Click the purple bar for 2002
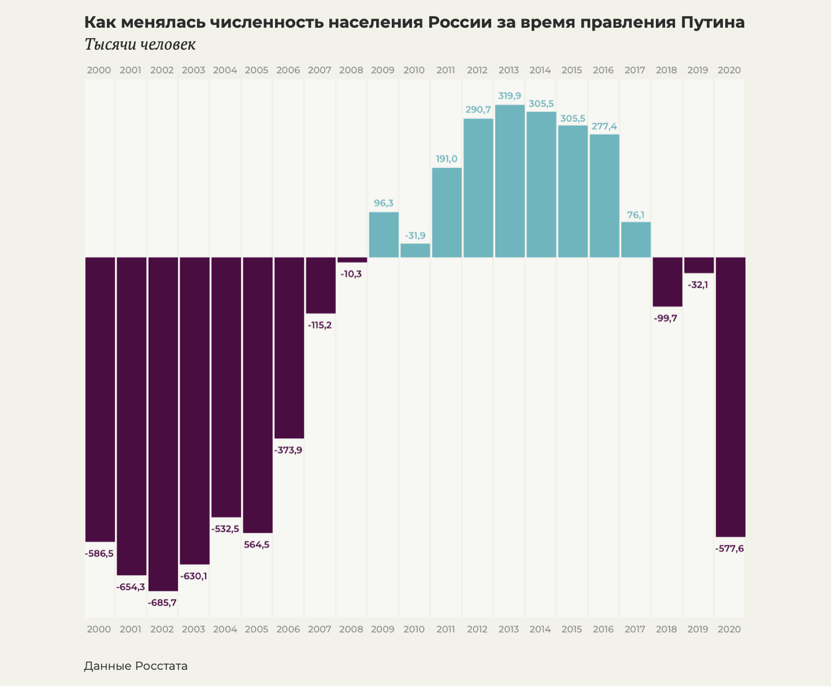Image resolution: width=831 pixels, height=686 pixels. click(163, 424)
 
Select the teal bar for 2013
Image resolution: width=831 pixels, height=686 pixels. click(510, 181)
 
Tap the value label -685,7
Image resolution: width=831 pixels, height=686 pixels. click(162, 602)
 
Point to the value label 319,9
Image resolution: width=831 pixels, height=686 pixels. click(509, 96)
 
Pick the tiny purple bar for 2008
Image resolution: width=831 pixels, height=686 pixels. click(352, 260)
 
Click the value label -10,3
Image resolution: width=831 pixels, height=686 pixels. click(351, 274)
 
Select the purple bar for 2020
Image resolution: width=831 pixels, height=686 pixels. click(730, 397)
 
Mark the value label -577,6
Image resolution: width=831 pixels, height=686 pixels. click(729, 549)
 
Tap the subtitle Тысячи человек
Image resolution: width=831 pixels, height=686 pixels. click(140, 44)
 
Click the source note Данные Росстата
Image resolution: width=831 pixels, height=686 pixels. click(136, 666)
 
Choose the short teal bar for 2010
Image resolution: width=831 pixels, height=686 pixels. click(415, 250)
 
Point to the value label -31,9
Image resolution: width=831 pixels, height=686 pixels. click(415, 236)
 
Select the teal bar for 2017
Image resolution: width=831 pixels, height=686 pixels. click(636, 240)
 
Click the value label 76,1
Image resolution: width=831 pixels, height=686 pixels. click(636, 215)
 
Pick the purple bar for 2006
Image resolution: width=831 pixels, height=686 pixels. click(289, 348)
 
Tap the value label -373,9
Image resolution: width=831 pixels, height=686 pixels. click(288, 450)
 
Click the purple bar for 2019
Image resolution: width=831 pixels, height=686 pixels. click(699, 265)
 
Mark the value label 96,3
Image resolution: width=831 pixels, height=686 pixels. click(384, 203)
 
